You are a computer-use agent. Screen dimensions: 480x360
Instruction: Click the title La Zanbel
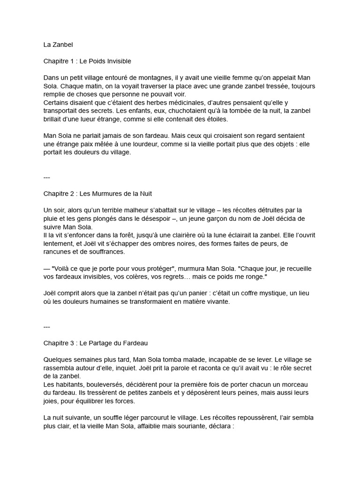coord(58,45)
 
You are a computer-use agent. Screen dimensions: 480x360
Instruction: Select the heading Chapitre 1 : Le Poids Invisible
coord(87,61)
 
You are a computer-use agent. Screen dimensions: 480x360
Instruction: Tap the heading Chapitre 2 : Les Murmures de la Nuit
coord(97,193)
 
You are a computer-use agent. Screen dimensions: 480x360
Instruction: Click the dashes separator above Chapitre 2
coord(46,177)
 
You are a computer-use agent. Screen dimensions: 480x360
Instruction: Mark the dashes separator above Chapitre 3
coord(46,326)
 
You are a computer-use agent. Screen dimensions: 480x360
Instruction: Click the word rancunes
coord(57,251)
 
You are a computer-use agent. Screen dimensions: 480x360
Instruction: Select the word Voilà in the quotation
coord(61,268)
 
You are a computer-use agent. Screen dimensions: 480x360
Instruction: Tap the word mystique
coord(255,293)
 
